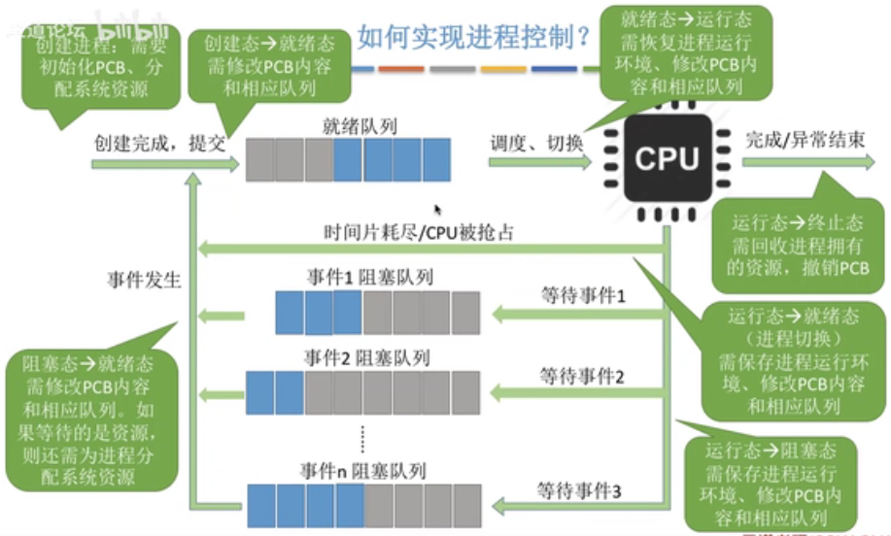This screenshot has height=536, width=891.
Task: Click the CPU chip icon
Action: (x=668, y=158)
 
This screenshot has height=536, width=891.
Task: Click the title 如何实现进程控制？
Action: (x=474, y=38)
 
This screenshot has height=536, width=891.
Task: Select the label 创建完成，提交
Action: (x=159, y=142)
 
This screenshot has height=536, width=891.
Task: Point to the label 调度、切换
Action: (x=537, y=142)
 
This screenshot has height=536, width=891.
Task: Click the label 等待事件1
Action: (x=581, y=294)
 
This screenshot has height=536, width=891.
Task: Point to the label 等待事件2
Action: (x=581, y=374)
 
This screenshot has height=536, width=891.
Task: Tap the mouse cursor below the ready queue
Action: (x=438, y=209)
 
